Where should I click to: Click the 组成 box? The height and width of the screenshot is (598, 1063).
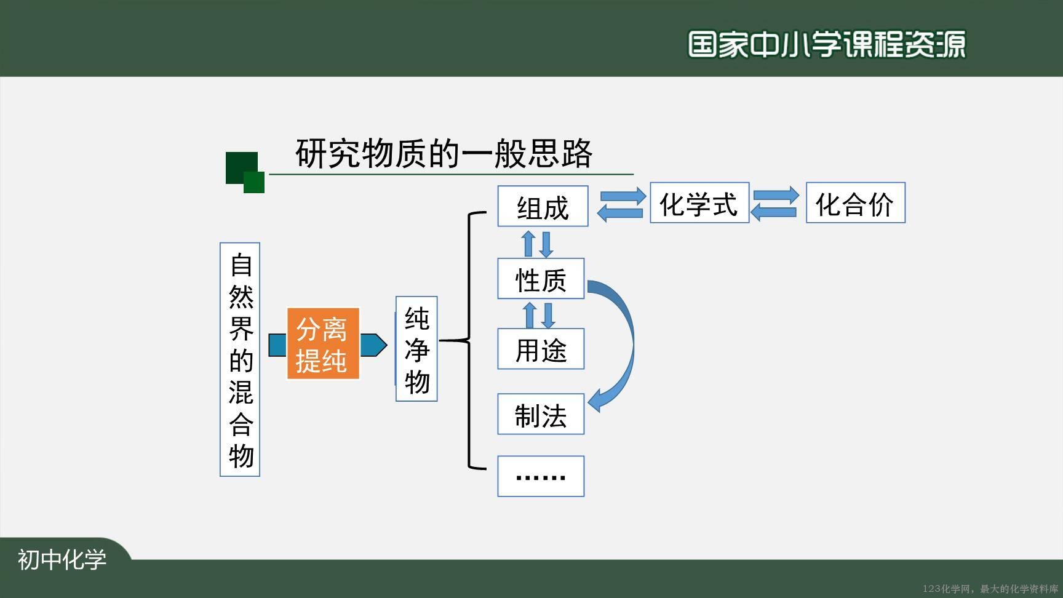click(543, 206)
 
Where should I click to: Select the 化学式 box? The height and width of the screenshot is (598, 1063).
click(699, 202)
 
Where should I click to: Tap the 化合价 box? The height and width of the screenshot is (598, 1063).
click(856, 202)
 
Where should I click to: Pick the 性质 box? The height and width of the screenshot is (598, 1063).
click(541, 279)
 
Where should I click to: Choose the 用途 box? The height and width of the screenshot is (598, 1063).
click(541, 349)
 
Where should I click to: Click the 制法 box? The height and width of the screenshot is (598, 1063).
click(541, 414)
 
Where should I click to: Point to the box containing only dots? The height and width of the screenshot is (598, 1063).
click(541, 476)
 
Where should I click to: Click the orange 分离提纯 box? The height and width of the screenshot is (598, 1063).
click(323, 344)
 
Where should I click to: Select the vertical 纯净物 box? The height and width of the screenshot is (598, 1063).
click(416, 349)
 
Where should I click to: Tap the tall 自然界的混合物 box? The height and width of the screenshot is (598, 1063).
click(240, 359)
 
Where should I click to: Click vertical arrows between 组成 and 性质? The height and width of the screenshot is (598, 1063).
click(537, 244)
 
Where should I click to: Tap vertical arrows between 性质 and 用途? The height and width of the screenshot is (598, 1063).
click(539, 314)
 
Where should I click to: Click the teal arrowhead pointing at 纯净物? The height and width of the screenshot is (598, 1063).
click(373, 345)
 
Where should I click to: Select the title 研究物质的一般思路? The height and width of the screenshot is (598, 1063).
click(444, 153)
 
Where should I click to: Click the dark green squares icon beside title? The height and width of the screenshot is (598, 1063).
click(245, 172)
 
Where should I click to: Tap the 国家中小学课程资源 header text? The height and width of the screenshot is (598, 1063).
click(827, 44)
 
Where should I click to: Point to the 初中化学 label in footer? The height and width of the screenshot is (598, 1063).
click(62, 559)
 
